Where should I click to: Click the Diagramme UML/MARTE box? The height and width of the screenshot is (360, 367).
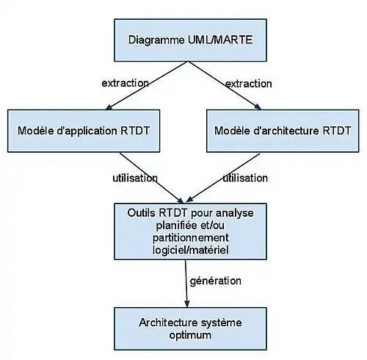click(190, 40)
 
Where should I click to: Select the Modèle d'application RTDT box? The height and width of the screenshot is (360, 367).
click(84, 131)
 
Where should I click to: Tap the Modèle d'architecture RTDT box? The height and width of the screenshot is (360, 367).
click(283, 131)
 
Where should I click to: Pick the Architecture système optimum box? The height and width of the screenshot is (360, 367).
click(190, 328)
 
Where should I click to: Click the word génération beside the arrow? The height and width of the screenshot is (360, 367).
click(215, 281)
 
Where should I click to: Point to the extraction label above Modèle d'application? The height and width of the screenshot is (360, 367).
click(125, 83)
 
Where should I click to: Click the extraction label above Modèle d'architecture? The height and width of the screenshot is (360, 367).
click(248, 84)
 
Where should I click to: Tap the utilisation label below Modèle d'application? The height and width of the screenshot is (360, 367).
click(135, 178)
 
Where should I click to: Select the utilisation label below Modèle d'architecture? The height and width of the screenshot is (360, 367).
click(245, 178)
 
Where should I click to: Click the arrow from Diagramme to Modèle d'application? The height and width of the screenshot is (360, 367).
click(147, 85)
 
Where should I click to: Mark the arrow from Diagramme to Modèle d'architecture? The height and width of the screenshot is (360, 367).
click(225, 85)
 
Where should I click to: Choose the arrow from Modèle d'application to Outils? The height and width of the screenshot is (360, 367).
click(151, 178)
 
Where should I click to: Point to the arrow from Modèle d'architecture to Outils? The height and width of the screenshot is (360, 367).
click(222, 178)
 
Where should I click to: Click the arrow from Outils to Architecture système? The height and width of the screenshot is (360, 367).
click(186, 284)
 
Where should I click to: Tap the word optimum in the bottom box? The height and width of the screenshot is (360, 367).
click(190, 335)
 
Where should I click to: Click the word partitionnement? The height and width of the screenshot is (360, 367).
click(191, 238)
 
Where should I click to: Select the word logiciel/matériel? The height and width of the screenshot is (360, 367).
click(191, 250)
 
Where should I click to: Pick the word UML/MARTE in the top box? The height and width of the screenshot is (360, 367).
click(220, 40)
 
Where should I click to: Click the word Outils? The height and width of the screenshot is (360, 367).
click(141, 213)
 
